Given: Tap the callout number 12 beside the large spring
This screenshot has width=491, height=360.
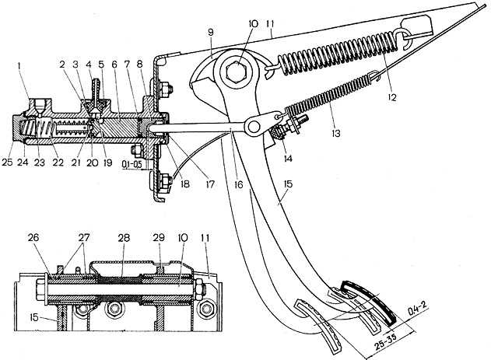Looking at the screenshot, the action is [x=391, y=97].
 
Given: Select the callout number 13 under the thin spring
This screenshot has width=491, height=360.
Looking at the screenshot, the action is [x=335, y=133].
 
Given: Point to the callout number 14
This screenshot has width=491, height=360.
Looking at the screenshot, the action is [x=287, y=158].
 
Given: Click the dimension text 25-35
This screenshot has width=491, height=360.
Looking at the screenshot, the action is [x=385, y=340].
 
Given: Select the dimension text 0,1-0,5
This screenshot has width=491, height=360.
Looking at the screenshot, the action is [x=132, y=164].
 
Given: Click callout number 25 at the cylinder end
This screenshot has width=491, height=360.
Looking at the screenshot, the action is [x=8, y=163].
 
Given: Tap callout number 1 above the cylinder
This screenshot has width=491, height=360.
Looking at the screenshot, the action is [x=19, y=66].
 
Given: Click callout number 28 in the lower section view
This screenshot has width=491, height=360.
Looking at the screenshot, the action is [x=124, y=238].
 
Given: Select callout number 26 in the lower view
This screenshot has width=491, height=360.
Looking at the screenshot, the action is [x=33, y=238].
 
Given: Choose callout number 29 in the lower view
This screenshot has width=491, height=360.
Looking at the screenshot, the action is [x=159, y=238].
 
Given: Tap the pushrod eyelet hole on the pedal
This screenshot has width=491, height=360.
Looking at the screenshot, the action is [x=254, y=127].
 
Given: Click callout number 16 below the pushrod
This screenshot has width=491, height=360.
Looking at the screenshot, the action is [x=238, y=184].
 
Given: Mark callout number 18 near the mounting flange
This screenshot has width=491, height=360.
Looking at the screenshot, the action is [x=184, y=183].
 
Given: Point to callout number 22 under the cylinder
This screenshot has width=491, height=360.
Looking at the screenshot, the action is [x=58, y=163].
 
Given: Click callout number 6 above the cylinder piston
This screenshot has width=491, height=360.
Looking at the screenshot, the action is [x=114, y=65].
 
